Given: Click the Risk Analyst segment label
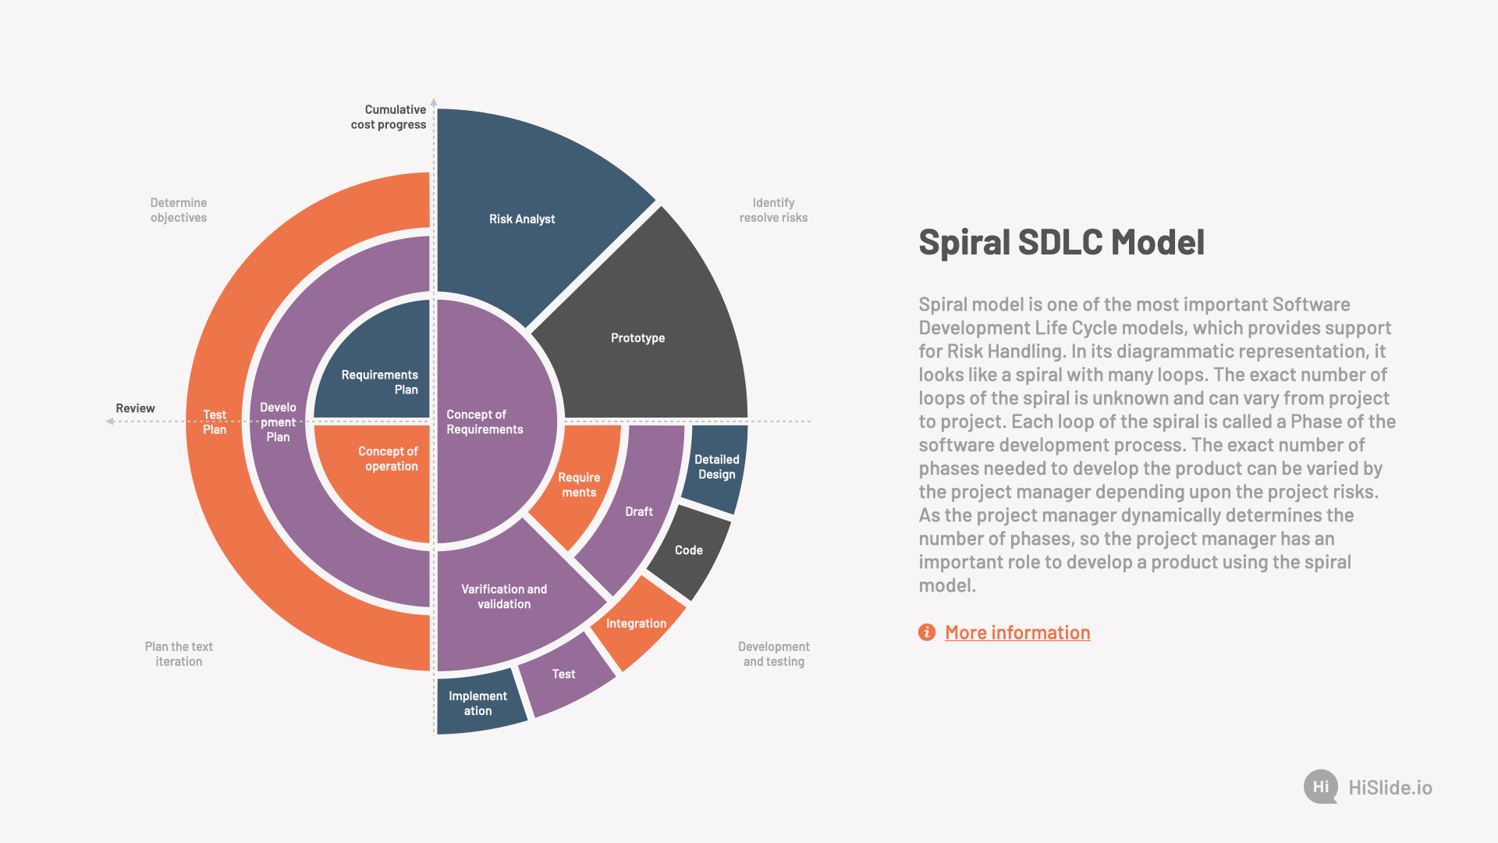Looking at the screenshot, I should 522,219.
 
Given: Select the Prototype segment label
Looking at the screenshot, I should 637,338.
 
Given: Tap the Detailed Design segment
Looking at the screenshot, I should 716,467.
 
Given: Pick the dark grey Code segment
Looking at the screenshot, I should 688,550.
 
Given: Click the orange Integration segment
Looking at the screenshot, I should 636,624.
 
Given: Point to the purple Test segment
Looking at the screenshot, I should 563,674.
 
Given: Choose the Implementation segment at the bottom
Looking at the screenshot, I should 477,703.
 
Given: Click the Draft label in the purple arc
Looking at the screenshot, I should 639,512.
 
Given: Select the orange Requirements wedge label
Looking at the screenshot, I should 579,485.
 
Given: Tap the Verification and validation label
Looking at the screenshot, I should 504,596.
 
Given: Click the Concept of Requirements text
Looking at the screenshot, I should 485,421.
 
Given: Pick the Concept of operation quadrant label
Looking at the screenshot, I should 388,459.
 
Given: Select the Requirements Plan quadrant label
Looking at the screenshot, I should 380,382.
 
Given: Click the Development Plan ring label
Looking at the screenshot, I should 278,422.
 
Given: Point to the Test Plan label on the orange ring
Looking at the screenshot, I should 215,422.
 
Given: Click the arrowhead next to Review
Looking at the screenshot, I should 110,421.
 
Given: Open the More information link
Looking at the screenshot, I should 1017,632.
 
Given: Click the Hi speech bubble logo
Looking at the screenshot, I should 1320,787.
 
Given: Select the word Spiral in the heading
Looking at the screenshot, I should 964,242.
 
